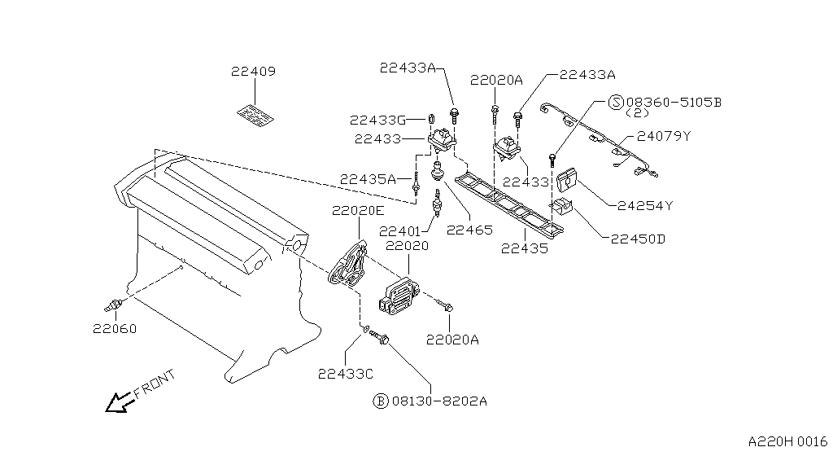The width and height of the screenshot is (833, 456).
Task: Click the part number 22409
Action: coord(253,72)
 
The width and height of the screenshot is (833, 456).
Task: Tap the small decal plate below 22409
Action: coord(255,115)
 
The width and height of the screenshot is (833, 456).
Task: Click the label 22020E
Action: coord(357,211)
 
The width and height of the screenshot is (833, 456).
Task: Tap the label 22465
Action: coord(469,230)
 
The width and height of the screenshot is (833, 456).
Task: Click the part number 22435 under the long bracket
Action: coord(524,249)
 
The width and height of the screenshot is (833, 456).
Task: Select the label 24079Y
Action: coord(664,136)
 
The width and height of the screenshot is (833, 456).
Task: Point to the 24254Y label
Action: coord(645,206)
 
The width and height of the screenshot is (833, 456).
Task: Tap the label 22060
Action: coord(114,329)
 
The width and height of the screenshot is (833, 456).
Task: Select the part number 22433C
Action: coord(346,374)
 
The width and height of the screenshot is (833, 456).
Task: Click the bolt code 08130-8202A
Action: coord(439,401)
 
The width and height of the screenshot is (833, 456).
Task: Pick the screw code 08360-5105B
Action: coord(673,102)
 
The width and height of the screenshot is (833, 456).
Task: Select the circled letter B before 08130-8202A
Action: coord(380,401)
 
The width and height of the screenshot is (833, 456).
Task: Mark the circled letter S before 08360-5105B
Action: coord(616,102)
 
